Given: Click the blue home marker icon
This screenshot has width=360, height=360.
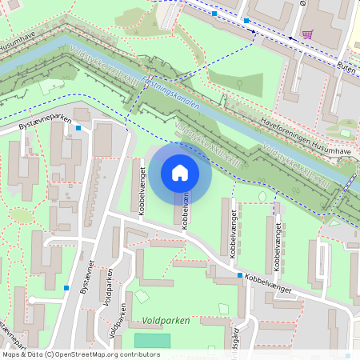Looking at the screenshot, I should coord(180,172).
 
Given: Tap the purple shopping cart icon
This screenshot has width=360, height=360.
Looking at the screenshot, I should coord(307,34).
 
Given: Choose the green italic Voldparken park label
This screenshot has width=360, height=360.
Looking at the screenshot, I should coord(166,320).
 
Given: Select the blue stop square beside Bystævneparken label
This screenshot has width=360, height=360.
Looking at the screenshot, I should coord(78,127).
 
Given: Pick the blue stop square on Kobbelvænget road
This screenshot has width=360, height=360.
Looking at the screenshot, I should coord(240,276).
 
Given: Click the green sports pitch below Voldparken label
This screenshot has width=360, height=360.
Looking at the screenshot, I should coord(152,340).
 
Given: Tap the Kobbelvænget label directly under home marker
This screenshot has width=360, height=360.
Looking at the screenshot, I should coord(185,210).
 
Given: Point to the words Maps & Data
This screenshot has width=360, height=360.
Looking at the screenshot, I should coord(21,354).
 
